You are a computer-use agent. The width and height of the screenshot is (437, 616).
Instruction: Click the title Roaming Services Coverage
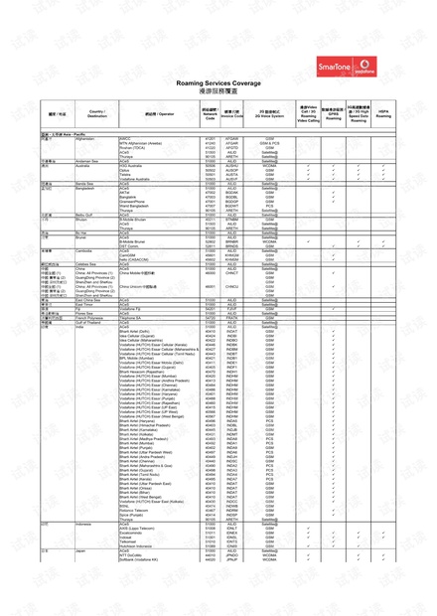tap(218, 83)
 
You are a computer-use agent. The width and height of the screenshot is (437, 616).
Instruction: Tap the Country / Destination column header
tap(96, 113)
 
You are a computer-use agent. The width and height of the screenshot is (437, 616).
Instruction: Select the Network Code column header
tap(210, 113)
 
